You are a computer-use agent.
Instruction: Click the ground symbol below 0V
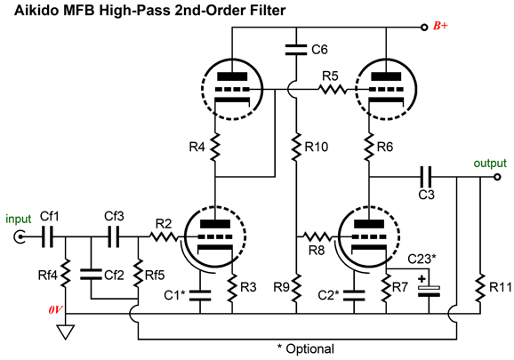pos(65,332)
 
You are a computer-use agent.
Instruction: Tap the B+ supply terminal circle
pos(424,28)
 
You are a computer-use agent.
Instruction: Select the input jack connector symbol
pos(20,236)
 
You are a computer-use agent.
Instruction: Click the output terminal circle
pos(497,177)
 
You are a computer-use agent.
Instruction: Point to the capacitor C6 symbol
pos(296,50)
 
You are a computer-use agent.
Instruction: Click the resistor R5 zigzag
pos(332,89)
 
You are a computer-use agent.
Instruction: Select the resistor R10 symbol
pos(296,147)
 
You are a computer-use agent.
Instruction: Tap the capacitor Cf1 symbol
pos(47,236)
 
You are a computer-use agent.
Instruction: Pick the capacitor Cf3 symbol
pos(114,236)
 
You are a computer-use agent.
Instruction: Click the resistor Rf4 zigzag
pos(65,273)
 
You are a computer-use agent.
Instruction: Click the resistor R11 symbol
pos(480,288)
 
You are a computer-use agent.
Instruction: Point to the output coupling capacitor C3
pos(426,177)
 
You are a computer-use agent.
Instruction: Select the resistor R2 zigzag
pos(164,236)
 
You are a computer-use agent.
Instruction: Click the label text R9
pos(282,287)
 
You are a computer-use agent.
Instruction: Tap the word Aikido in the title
pos(36,10)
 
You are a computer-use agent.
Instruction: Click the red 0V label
pos(56,309)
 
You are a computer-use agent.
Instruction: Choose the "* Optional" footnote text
pos(306,348)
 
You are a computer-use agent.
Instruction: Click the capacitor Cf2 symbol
pos(91,275)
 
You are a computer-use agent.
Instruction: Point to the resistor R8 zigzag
pos(317,236)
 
